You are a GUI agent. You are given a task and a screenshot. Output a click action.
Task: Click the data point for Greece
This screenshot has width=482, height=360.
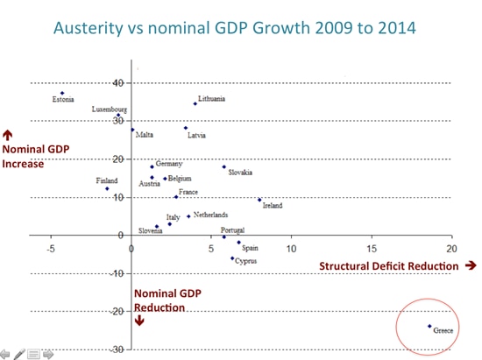(x=429, y=326)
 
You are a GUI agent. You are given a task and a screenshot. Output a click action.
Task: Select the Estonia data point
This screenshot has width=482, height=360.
(x=62, y=93)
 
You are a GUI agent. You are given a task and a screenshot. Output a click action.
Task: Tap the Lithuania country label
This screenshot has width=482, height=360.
(x=211, y=99)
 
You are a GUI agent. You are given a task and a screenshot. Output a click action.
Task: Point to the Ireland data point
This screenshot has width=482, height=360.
(x=259, y=200)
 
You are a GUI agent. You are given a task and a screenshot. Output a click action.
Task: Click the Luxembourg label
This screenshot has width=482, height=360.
(x=110, y=109)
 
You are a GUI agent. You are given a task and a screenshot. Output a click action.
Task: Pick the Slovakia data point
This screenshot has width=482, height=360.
(x=223, y=166)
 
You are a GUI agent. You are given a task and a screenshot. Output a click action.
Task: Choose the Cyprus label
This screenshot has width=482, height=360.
(x=246, y=261)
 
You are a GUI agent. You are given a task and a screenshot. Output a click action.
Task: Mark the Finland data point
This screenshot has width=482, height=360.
(x=107, y=188)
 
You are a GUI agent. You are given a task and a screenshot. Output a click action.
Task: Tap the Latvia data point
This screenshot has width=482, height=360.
(x=186, y=128)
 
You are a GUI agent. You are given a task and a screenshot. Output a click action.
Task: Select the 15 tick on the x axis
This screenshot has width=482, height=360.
(x=372, y=249)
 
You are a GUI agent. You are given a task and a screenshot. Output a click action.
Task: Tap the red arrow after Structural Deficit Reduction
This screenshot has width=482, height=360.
(x=471, y=265)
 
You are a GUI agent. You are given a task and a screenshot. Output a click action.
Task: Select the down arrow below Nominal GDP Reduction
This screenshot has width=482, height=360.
(x=138, y=321)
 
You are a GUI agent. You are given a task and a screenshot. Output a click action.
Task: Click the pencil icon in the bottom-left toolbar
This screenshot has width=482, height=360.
(x=19, y=354)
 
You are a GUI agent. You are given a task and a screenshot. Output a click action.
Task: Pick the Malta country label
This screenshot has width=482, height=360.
(x=145, y=135)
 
